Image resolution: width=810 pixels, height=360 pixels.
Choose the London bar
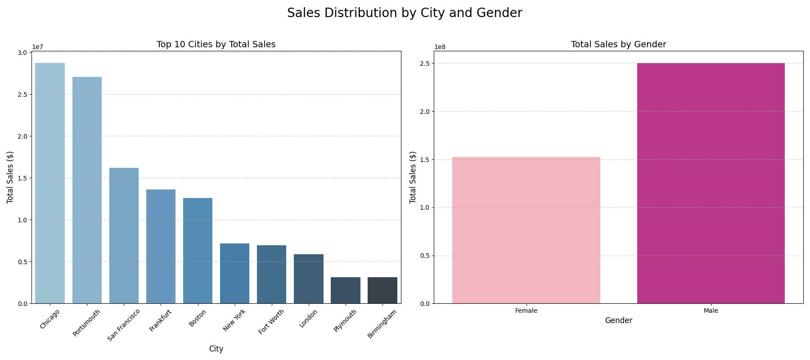[x=309, y=279]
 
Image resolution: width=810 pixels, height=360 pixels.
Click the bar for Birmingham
[x=382, y=290]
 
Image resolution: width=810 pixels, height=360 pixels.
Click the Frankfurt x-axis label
[x=160, y=320]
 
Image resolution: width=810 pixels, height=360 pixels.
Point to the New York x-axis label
[x=234, y=320]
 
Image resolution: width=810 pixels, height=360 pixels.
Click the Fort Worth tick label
[x=271, y=322]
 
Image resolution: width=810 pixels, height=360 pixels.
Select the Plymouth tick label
[x=345, y=320]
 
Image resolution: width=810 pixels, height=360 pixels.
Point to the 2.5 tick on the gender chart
[x=423, y=63]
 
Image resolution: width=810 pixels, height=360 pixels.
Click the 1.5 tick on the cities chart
[x=22, y=178]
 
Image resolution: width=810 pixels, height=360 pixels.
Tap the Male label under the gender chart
[x=711, y=310]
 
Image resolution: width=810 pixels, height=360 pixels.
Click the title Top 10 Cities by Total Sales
[x=216, y=45]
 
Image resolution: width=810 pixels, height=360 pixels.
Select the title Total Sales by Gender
[x=618, y=45]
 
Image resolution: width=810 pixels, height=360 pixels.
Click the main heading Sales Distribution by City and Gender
[x=405, y=13]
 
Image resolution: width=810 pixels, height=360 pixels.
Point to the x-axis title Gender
[x=618, y=320]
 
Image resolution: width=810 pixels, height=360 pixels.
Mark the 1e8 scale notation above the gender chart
[x=440, y=47]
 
